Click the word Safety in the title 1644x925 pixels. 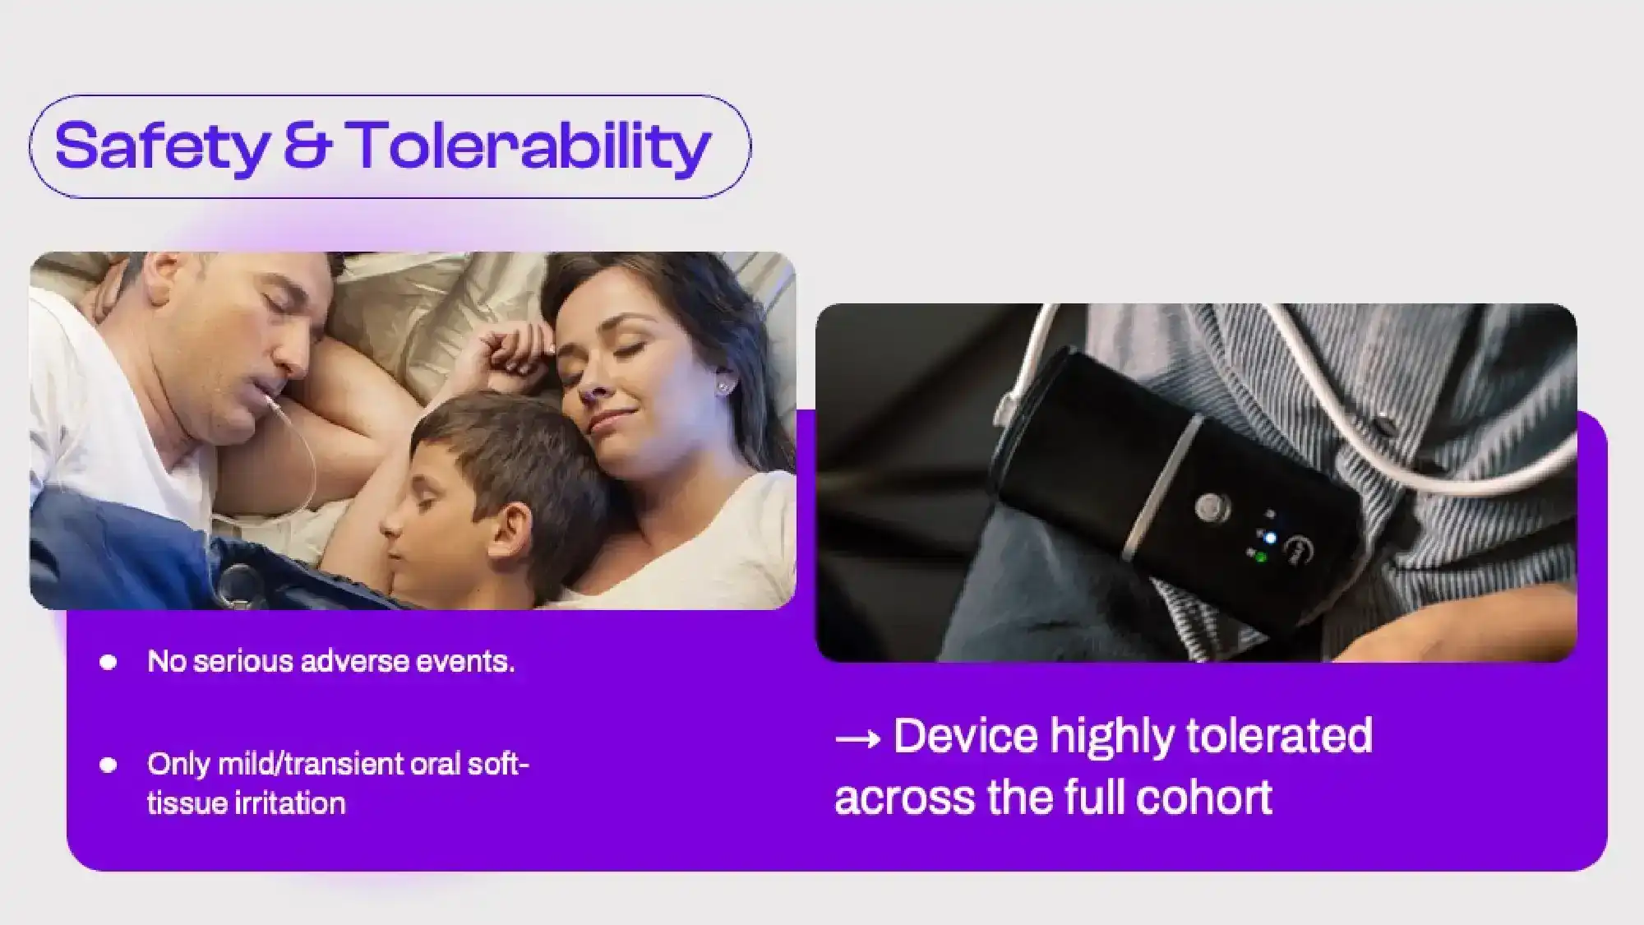point(162,147)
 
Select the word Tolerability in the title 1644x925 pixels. point(528,147)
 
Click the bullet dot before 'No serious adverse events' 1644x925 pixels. point(108,662)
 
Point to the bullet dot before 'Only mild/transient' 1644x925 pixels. point(108,765)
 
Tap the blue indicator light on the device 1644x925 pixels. point(1271,539)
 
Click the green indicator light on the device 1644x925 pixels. point(1260,558)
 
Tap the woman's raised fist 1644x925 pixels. point(514,350)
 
